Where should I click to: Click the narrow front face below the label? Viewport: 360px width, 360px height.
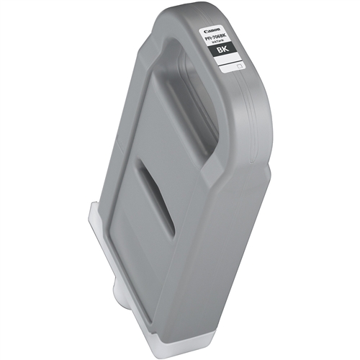coord(238,180)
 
